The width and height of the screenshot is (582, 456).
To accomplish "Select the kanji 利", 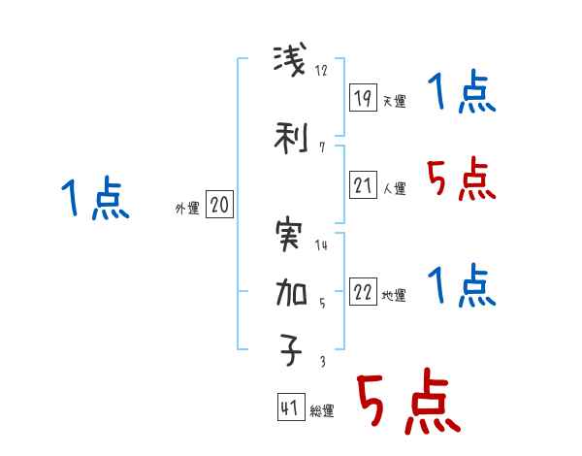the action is tap(292, 138).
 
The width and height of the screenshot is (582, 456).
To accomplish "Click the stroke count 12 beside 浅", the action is tap(322, 71).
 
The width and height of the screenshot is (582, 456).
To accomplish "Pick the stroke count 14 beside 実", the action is tap(322, 244).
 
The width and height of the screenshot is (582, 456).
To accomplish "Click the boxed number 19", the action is tap(363, 97).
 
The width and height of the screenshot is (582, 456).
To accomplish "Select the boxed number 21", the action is tap(363, 184).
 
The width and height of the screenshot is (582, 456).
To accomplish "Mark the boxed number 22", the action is tap(363, 291).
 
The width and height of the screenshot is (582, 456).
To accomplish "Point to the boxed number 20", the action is tap(219, 204).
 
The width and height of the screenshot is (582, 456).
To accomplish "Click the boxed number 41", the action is tap(290, 407).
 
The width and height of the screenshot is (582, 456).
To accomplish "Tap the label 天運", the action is tap(394, 101).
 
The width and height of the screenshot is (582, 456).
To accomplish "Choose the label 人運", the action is tap(394, 188).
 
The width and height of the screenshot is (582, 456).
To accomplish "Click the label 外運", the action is tap(186, 208).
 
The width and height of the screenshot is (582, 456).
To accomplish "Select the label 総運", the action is tap(322, 411).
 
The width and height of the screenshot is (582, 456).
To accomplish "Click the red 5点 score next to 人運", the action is tap(460, 179).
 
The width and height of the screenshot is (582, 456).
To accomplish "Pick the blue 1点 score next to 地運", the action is tap(460, 287).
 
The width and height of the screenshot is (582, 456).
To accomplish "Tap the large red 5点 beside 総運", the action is tap(408, 404).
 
